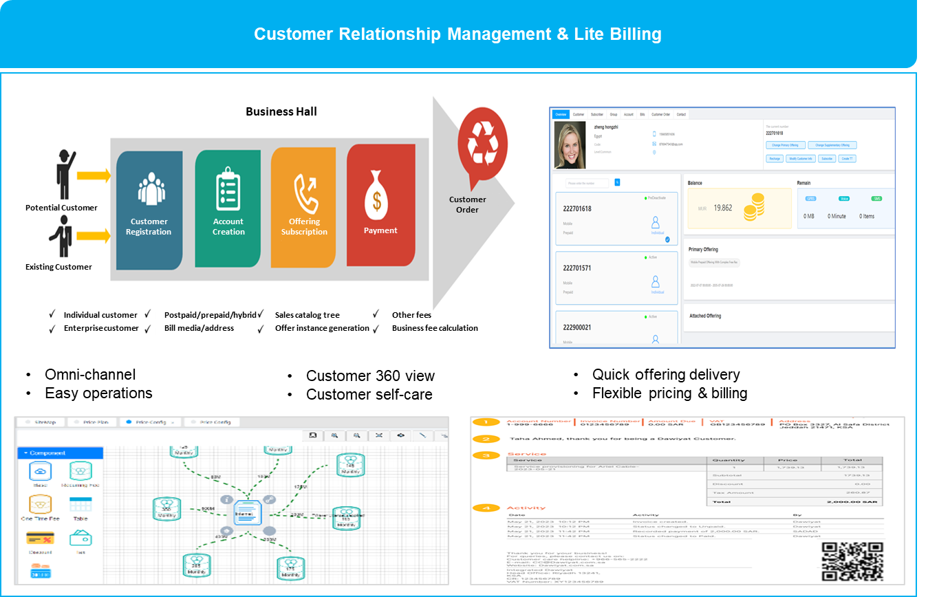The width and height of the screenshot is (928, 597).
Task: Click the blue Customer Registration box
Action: coord(149,210)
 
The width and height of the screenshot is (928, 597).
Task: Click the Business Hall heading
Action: coord(281,111)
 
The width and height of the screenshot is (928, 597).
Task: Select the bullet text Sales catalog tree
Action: coord(307,315)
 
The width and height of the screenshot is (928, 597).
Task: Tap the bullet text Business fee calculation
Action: coord(435,328)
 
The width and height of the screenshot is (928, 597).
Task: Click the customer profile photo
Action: coord(570,146)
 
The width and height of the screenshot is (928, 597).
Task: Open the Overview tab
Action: coord(561,114)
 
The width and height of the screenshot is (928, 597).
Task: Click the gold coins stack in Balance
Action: coord(754,207)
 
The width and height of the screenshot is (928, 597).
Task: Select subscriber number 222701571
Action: coord(577,268)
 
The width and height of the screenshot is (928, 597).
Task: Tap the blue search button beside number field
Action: coord(617,182)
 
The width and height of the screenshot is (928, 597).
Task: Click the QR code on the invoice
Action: coord(852,561)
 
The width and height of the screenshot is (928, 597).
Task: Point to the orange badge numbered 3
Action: coord(486,455)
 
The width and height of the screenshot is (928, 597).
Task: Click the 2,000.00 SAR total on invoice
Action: coord(863,502)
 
